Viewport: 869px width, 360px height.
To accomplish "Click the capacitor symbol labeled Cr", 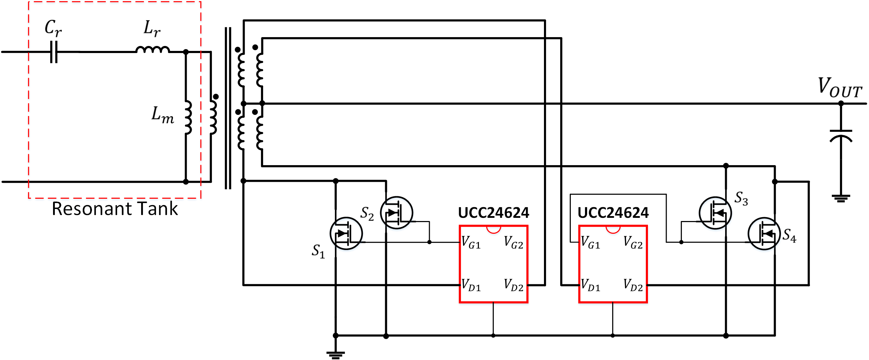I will click(54, 52).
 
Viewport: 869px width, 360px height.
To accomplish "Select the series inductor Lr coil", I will click(153, 50).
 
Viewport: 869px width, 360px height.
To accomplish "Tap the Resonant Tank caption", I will click(115, 209).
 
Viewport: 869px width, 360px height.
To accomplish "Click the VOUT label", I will click(840, 87).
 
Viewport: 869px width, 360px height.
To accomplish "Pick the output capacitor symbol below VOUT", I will click(841, 136).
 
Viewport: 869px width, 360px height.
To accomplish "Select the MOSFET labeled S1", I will click(346, 233).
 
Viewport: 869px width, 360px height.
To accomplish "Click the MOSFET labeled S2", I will click(396, 213).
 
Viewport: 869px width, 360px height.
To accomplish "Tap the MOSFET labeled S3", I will click(715, 213).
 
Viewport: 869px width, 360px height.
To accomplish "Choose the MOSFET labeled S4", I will click(764, 234).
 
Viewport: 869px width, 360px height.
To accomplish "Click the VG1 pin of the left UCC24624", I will click(471, 243).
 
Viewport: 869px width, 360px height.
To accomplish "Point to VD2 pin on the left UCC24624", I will click(514, 285).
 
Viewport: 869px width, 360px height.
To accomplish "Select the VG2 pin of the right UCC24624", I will click(633, 243).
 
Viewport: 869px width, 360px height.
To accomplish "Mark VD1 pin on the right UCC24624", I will click(590, 285).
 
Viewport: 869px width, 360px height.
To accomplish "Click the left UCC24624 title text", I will click(493, 213).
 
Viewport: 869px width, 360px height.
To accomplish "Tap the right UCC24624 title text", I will click(613, 213).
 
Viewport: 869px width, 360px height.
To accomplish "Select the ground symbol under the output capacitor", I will click(841, 198).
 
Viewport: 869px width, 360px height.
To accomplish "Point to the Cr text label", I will click(53, 28).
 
